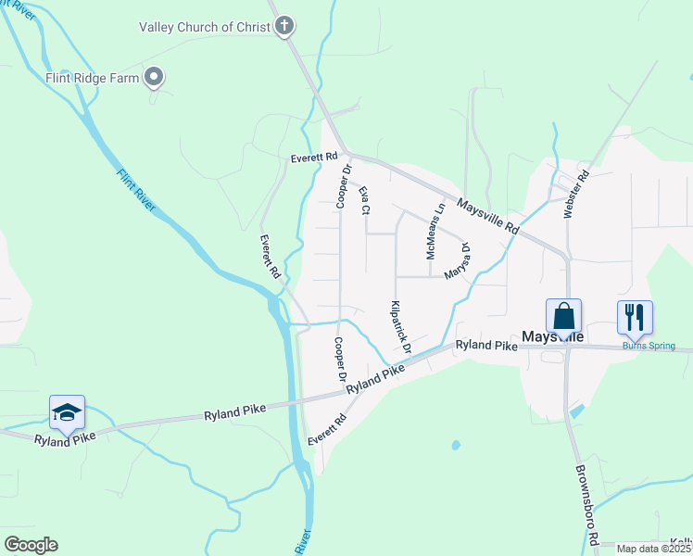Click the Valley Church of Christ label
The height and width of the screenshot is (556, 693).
point(205,27)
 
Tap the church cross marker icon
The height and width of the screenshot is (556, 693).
point(286,26)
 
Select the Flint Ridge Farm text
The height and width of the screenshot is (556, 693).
point(93,78)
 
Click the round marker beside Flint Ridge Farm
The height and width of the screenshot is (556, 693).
point(156,78)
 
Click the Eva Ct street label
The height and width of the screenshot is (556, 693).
point(364,200)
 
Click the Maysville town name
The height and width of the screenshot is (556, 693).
point(552,336)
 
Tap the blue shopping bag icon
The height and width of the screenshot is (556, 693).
point(563,317)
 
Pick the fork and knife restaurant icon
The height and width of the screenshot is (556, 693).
point(635,317)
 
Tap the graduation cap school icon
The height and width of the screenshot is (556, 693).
point(67,411)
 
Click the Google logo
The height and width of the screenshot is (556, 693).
point(31,545)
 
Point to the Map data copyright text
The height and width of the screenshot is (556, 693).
point(654,549)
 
